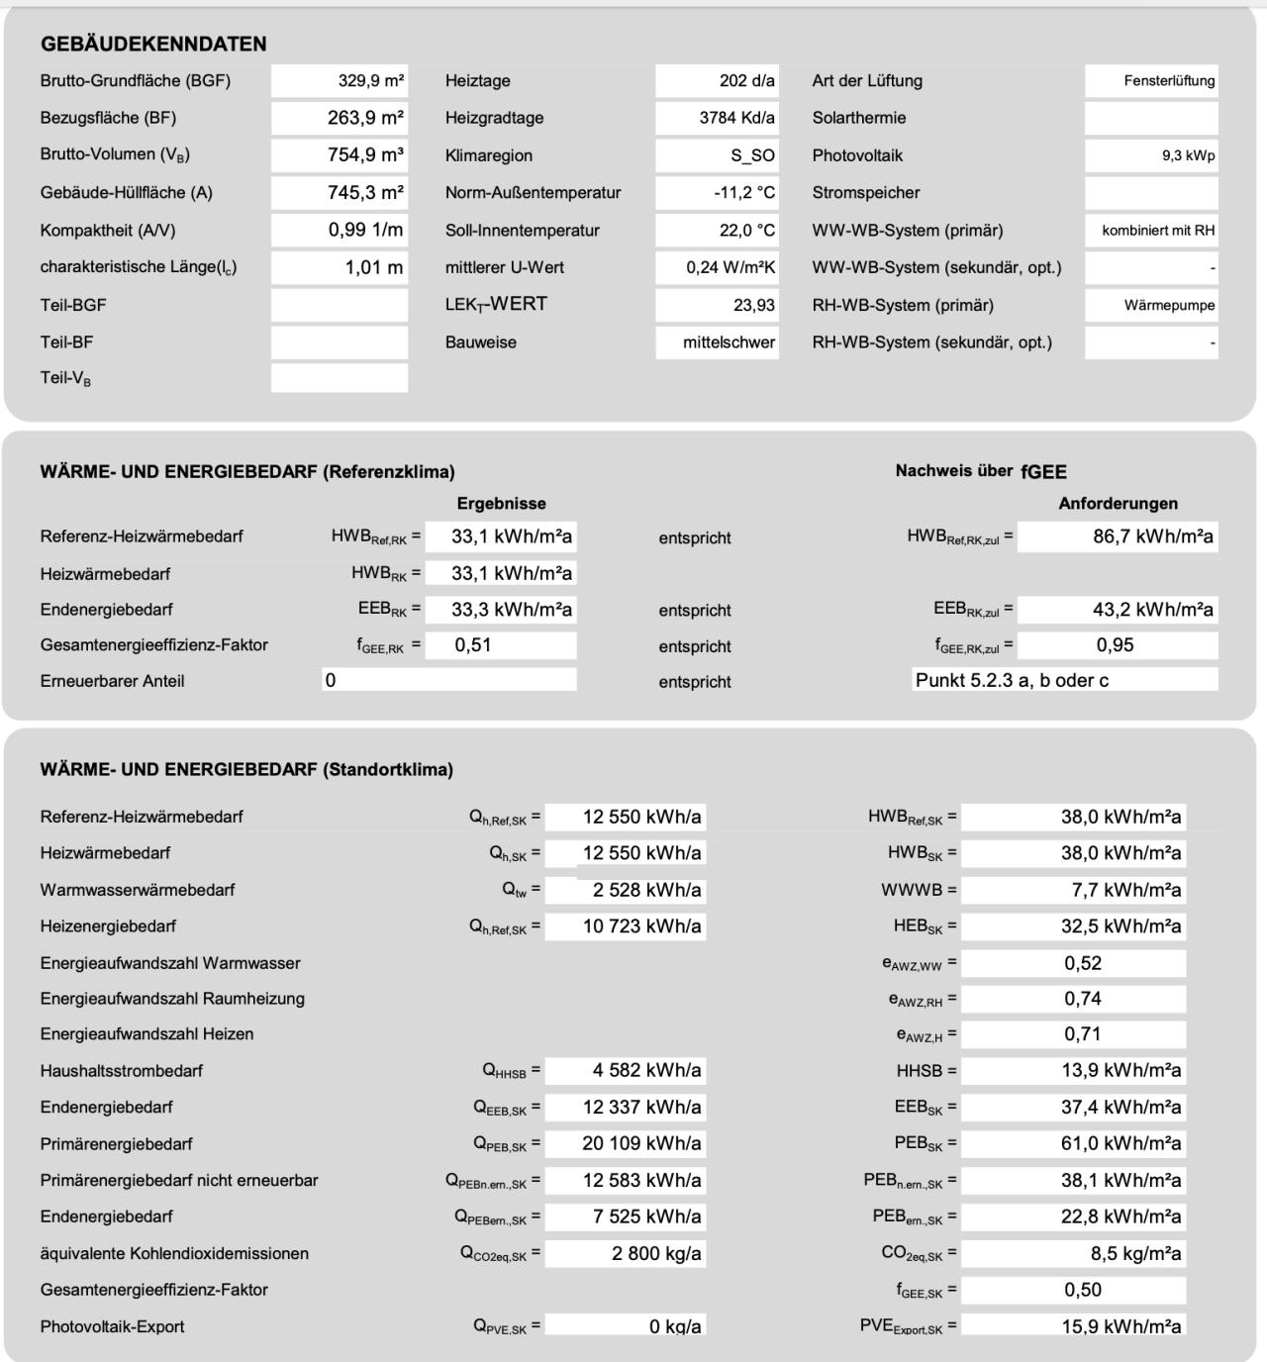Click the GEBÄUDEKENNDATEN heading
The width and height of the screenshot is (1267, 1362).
pos(153,44)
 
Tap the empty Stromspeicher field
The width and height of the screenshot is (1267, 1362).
pos(1151,193)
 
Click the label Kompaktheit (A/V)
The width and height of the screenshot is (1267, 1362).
pos(108,231)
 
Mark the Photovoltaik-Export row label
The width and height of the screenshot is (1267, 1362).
pos(112,1326)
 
